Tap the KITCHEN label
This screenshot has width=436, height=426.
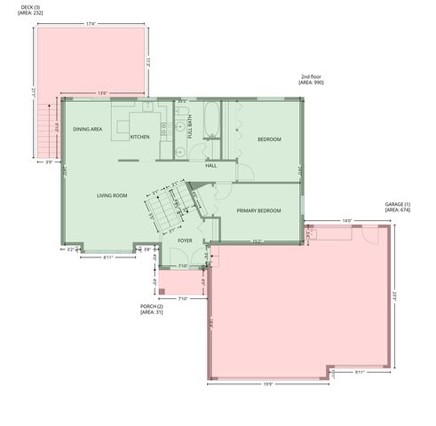[139, 138]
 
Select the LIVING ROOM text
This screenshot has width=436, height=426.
[113, 195]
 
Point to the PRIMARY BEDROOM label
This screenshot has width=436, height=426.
[258, 210]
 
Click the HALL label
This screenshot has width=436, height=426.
[210, 166]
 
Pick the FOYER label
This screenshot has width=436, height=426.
[186, 241]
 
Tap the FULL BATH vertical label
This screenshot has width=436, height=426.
[191, 131]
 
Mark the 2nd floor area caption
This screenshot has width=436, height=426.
[312, 80]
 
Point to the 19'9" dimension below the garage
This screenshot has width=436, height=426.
[267, 385]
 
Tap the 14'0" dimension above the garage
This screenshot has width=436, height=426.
[346, 220]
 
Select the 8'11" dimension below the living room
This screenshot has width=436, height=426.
[107, 257]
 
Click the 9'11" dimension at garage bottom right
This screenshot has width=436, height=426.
[358, 372]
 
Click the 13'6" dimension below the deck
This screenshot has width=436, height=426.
[102, 93]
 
